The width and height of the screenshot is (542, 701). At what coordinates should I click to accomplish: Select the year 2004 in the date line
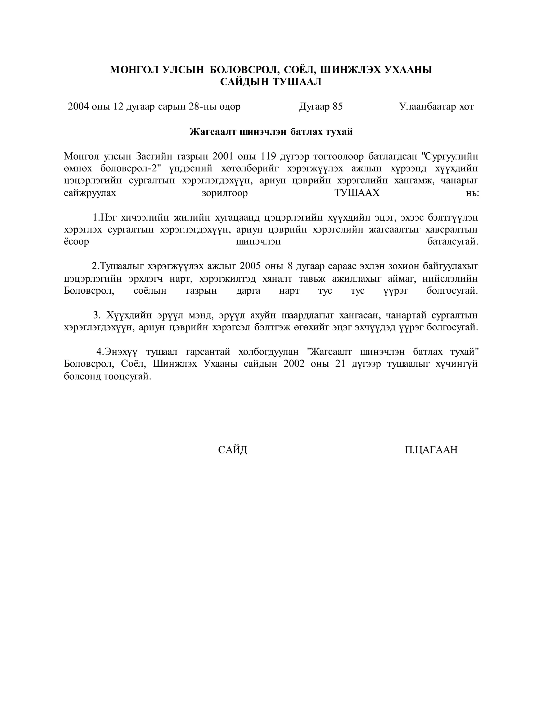coord(78,107)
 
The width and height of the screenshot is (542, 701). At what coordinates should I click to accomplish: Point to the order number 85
coord(337,107)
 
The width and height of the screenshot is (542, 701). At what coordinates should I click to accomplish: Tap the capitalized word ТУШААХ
coord(357,193)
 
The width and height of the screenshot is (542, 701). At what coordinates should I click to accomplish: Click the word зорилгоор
coord(225,193)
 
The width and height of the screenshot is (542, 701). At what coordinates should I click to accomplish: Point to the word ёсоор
coord(76,242)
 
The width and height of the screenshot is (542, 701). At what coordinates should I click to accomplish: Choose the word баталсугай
coord(453,242)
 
